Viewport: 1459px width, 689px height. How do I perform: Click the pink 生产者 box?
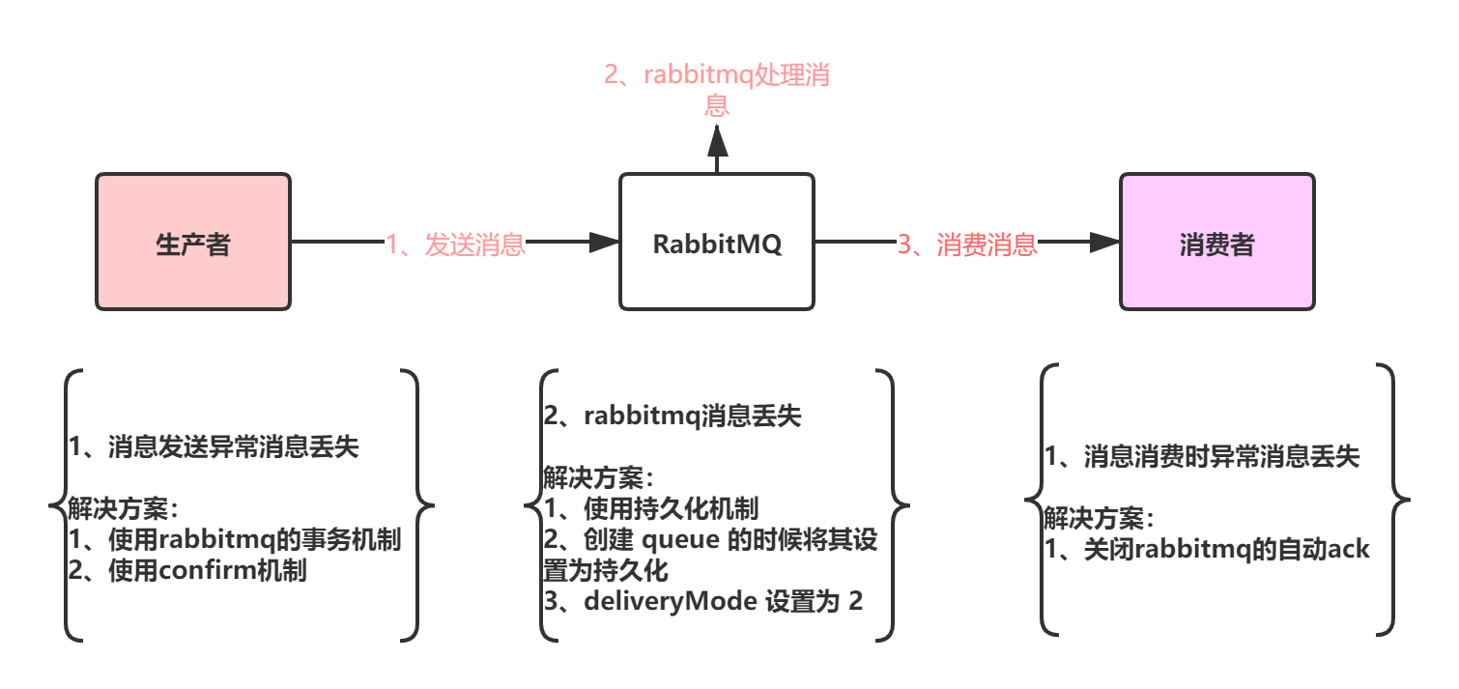[x=193, y=242]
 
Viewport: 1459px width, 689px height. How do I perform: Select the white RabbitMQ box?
[x=716, y=242]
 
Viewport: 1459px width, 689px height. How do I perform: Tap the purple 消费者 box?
[x=1216, y=242]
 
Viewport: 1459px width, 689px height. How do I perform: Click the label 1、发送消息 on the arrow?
[x=455, y=244]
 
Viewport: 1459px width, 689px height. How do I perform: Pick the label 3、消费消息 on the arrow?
[x=967, y=244]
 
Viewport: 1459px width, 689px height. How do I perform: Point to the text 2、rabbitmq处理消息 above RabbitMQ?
[x=716, y=88]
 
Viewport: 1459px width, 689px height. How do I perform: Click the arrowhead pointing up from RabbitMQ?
[x=716, y=142]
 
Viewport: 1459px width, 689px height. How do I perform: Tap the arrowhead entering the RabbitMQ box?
[x=603, y=243]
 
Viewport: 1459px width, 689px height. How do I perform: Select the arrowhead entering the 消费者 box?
[x=1103, y=243]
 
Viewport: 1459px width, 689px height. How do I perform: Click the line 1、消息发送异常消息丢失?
[x=214, y=447]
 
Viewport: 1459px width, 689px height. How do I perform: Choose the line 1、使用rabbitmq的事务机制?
[x=234, y=539]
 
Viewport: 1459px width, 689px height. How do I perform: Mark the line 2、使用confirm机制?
[x=187, y=570]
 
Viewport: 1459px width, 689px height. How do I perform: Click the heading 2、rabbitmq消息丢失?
[x=672, y=416]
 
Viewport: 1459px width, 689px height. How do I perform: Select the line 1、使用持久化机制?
[x=651, y=508]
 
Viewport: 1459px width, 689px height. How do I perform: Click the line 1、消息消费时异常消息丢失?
[x=1203, y=457]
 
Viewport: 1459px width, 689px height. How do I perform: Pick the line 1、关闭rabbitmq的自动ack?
[x=1208, y=549]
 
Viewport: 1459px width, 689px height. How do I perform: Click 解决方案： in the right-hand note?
[x=1099, y=519]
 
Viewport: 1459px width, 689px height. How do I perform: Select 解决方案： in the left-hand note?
[x=123, y=508]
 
